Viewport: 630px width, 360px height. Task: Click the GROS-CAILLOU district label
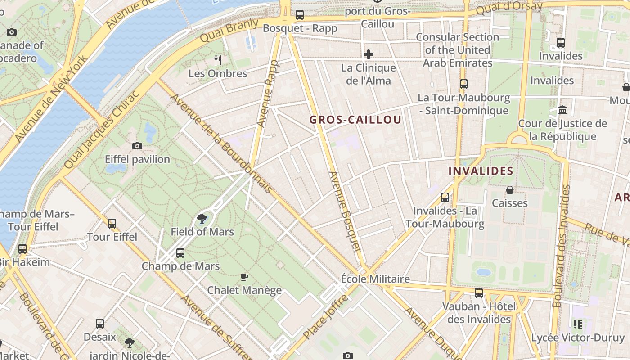tap(355, 120)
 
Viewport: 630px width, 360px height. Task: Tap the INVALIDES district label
tap(481, 171)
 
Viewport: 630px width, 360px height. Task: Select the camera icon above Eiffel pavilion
tap(137, 146)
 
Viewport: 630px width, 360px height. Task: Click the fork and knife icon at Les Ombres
tap(218, 60)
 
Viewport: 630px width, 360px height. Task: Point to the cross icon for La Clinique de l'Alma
tap(369, 54)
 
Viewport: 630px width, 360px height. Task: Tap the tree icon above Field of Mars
tap(202, 219)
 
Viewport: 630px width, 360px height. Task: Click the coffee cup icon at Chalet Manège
tap(244, 277)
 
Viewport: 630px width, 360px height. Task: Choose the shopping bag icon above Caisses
tap(510, 190)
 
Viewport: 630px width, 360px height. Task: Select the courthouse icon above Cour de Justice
tap(562, 110)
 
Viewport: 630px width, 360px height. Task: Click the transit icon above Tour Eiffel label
tap(112, 223)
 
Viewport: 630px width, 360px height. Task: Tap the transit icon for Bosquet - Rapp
tap(300, 15)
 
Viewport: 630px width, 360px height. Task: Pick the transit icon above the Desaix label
tap(100, 323)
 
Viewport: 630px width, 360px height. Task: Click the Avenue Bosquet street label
tap(345, 218)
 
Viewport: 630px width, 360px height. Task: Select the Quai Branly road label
tap(229, 30)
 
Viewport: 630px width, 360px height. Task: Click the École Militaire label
tap(375, 279)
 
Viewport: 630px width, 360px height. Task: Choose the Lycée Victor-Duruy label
tap(578, 337)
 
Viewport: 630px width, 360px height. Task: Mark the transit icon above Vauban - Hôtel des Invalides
tap(479, 293)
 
